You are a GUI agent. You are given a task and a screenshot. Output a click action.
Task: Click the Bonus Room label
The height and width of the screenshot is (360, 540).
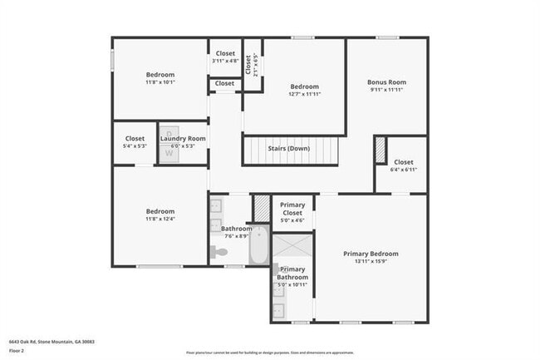(x=386, y=82)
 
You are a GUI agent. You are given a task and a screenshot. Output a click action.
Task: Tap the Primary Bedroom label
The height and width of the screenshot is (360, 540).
(x=371, y=254)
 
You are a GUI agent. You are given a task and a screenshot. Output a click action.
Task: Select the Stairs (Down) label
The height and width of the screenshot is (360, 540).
(x=290, y=149)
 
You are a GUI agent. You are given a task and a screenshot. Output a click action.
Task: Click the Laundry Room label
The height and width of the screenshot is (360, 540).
(x=183, y=138)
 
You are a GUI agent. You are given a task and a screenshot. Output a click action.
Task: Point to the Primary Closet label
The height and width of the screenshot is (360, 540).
(x=292, y=209)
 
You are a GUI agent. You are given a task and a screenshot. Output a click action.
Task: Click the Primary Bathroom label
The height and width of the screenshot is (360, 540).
(x=292, y=274)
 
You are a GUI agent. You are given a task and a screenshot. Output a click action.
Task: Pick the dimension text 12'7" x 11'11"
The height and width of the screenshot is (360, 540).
(x=305, y=94)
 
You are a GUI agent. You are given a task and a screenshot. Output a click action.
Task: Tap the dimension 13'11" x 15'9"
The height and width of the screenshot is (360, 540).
(x=371, y=261)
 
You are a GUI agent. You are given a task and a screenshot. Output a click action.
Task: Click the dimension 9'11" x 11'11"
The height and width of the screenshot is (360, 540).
(x=386, y=90)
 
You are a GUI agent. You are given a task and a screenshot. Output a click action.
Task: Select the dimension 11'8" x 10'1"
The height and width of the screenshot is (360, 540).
(x=160, y=82)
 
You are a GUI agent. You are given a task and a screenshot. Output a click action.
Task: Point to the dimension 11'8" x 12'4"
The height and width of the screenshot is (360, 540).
(x=160, y=219)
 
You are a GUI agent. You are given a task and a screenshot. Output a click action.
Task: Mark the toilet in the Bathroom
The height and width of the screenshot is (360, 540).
(x=219, y=252)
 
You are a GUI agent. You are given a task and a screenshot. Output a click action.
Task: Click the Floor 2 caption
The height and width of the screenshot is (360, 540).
(x=17, y=351)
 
